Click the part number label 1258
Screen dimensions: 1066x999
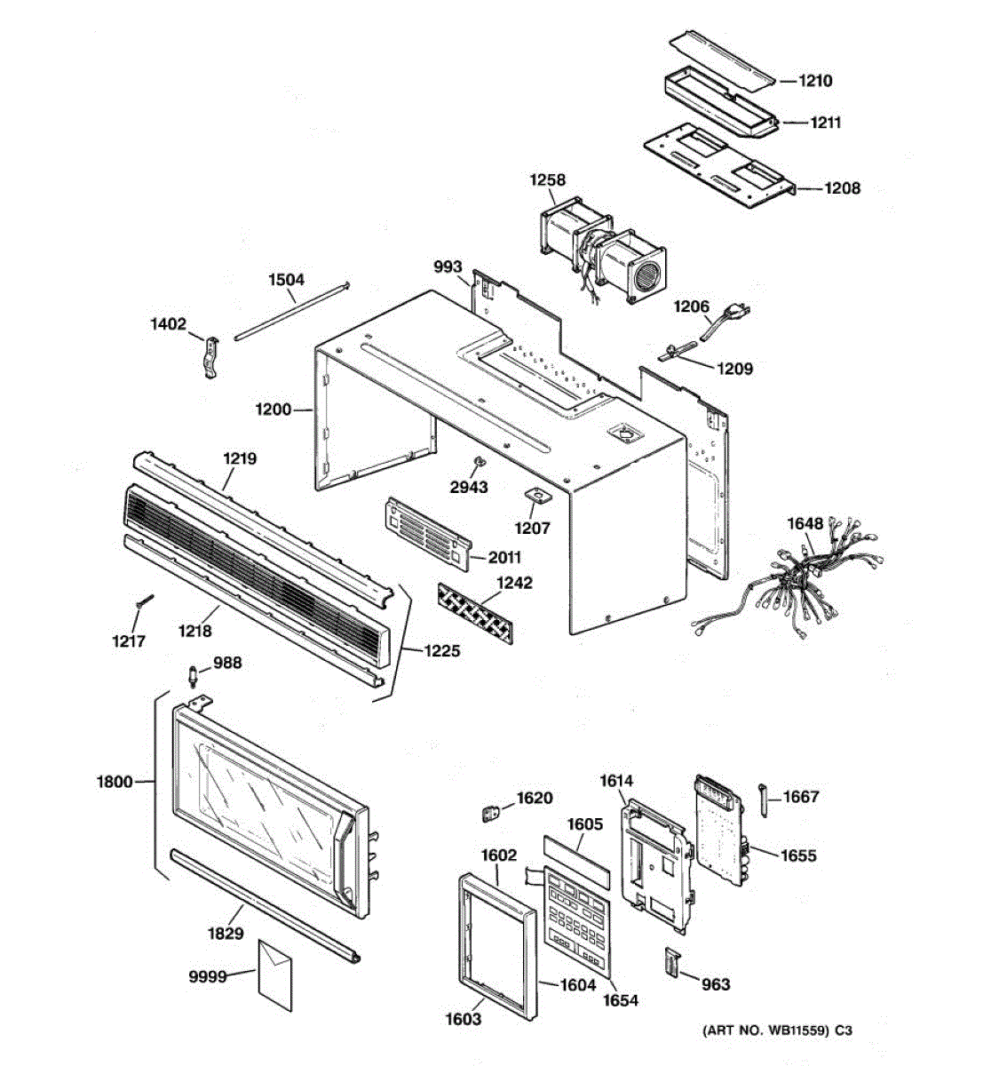tap(547, 180)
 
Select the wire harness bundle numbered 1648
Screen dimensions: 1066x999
tap(799, 577)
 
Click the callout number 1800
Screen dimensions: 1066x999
tap(114, 782)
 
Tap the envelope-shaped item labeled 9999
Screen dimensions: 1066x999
tap(274, 975)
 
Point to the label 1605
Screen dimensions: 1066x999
tap(584, 824)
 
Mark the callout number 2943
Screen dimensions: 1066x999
tap(468, 487)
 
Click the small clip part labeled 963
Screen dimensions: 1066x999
tap(672, 963)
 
